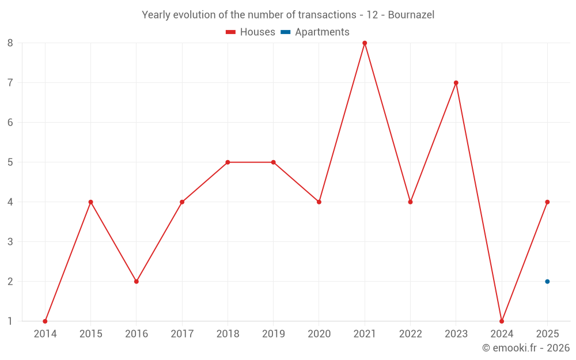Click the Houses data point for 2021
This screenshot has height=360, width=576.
coord(365,43)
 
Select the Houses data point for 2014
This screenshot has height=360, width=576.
coord(45,321)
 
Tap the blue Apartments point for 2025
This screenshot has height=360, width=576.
coord(547,282)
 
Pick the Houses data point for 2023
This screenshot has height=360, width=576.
coord(456,82)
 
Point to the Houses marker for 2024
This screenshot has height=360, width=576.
coord(502,321)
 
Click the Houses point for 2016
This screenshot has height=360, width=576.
coord(137,282)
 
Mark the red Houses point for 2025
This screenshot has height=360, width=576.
coord(547,202)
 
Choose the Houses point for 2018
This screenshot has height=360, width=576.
coord(228,162)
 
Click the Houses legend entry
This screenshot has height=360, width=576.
coord(251,32)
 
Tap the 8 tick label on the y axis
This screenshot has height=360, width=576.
coord(10,43)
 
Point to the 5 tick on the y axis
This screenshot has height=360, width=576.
coord(10,162)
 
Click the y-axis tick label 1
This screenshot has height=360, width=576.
coord(10,321)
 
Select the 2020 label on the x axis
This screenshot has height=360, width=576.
coord(319,334)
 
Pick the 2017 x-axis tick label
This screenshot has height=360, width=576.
coord(182,334)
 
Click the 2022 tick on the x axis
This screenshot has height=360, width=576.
coord(410,334)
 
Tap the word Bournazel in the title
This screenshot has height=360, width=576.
coord(411,14)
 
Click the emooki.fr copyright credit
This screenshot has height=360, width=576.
coord(526,348)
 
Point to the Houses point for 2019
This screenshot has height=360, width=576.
coord(273,162)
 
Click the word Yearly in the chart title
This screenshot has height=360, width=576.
coord(156,14)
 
